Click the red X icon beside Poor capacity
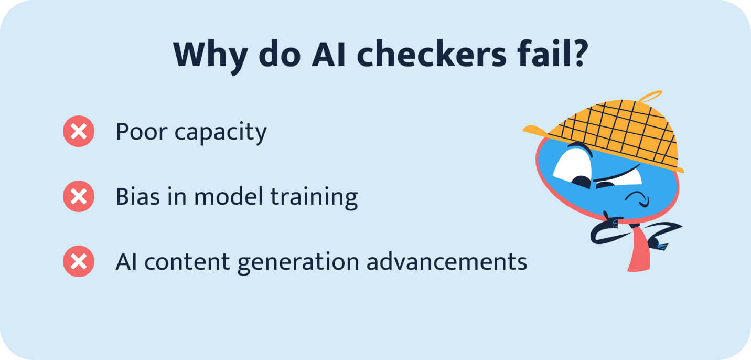click(x=79, y=132)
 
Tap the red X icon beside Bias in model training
click(x=79, y=197)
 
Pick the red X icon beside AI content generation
click(x=79, y=261)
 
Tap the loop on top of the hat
click(x=650, y=97)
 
